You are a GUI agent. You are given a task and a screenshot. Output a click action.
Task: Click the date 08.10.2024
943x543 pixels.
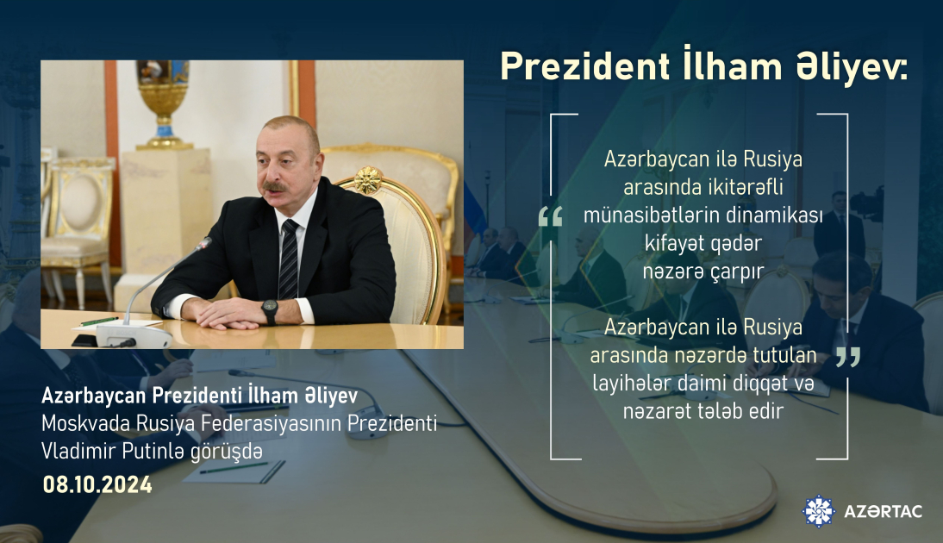tap(97, 485)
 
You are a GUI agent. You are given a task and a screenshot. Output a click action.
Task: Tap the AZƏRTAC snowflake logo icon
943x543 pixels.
tap(818, 511)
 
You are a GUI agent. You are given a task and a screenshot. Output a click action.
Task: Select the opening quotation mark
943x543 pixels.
tap(550, 217)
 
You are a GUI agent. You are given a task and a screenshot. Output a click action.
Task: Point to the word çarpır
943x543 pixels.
tap(739, 271)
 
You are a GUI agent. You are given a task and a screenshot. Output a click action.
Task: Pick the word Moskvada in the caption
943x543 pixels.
tap(82, 424)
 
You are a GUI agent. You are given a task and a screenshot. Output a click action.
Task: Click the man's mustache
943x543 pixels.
tap(276, 186)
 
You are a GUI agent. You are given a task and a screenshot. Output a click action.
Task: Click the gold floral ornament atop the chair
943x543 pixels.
tap(369, 179)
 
